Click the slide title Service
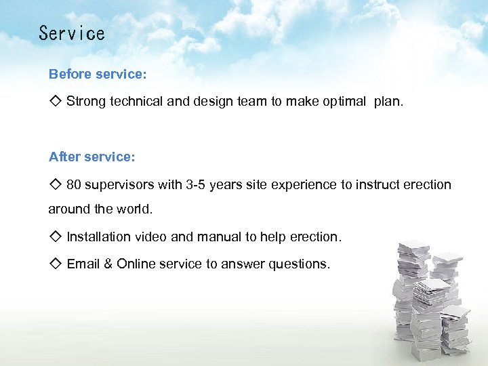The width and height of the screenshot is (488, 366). click(72, 33)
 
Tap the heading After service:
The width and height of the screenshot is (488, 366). click(92, 157)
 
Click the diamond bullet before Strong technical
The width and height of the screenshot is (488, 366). click(56, 101)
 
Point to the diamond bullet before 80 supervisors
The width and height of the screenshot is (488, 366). click(56, 184)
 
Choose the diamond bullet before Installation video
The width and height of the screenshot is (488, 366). click(56, 237)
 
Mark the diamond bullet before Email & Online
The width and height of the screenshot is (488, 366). click(56, 264)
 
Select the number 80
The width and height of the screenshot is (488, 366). click(74, 184)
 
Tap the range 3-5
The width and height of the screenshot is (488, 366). click(195, 184)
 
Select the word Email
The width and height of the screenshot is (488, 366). click(83, 264)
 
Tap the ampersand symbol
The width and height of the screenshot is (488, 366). click(108, 264)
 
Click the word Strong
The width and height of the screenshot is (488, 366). click(85, 102)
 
